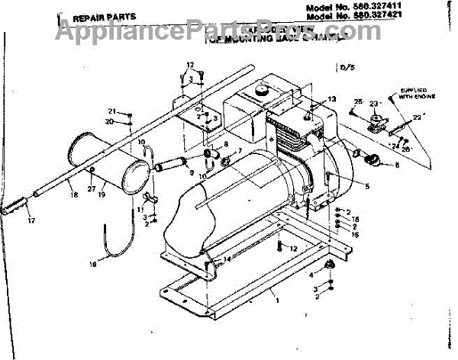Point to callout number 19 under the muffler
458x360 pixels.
tap(102, 194)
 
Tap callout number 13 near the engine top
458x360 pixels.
tap(332, 100)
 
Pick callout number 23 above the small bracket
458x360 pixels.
tap(374, 104)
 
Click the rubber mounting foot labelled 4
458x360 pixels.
tap(331, 265)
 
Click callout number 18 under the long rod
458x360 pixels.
tap(74, 194)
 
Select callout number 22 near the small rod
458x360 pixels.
tap(417, 116)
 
